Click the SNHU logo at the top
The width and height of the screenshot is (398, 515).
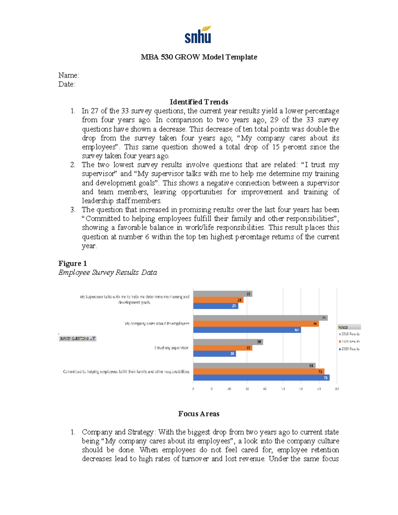(198, 35)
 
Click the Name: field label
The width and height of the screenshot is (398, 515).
(69, 75)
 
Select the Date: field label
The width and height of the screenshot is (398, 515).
(67, 84)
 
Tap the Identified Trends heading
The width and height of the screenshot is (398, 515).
(199, 102)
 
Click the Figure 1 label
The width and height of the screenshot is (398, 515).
(72, 263)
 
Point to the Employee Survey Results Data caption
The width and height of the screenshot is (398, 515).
(107, 272)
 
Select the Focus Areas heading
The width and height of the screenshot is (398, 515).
(199, 414)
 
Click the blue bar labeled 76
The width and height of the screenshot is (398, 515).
(261, 378)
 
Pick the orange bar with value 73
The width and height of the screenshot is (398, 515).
(259, 372)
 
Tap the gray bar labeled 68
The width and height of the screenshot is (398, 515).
(254, 366)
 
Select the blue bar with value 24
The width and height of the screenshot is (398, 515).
(214, 354)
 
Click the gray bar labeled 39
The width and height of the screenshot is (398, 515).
(228, 342)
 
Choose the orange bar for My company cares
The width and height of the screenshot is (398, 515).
(256, 324)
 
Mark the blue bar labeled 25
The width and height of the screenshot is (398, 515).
(216, 306)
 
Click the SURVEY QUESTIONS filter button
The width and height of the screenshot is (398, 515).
(78, 339)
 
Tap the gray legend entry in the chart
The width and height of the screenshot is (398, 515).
(349, 334)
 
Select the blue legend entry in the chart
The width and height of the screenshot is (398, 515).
(349, 349)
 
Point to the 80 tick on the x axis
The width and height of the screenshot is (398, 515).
(337, 389)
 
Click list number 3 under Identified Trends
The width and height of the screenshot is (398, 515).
(73, 210)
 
